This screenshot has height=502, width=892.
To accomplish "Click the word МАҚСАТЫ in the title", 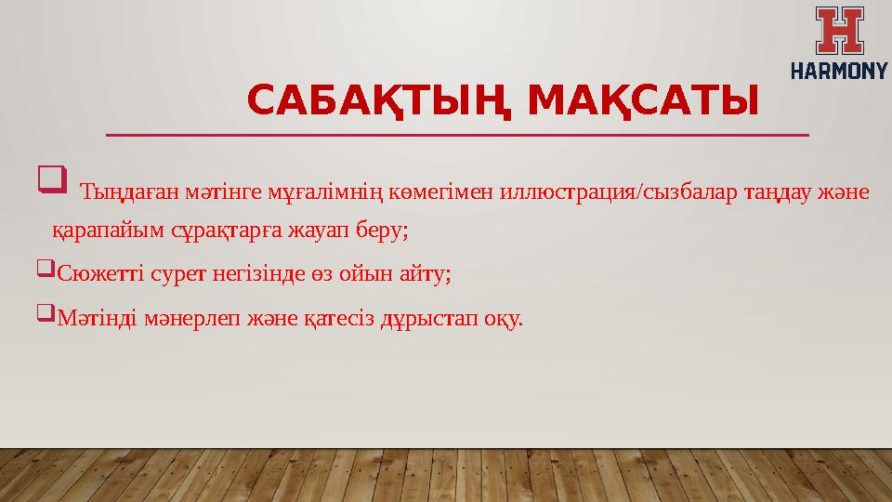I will [642, 100].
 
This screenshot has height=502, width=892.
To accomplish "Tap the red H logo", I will [839, 30].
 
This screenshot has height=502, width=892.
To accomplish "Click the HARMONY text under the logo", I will [839, 69].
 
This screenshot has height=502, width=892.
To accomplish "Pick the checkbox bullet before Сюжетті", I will [46, 271].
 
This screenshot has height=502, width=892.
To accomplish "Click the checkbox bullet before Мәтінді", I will [46, 317].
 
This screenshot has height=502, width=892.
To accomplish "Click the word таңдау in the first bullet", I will [775, 193].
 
